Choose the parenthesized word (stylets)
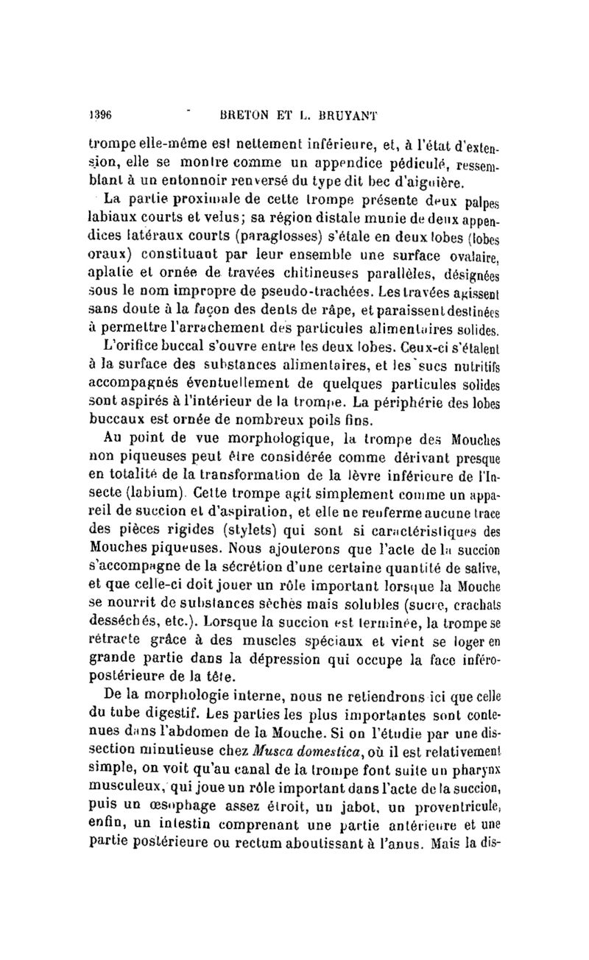tap(258, 528)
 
